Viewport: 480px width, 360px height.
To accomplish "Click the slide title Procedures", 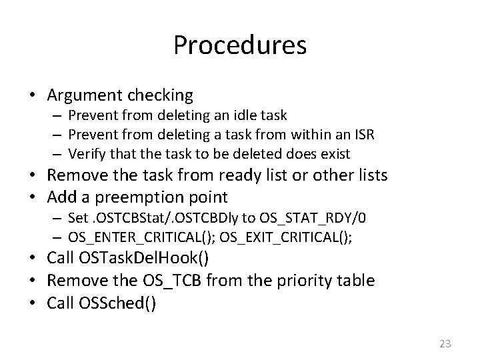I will coord(240,46).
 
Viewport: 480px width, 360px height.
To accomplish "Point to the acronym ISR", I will coord(363,135).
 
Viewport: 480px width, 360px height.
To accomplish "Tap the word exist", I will coord(335,153).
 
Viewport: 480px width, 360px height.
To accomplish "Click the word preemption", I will coord(141,197).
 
